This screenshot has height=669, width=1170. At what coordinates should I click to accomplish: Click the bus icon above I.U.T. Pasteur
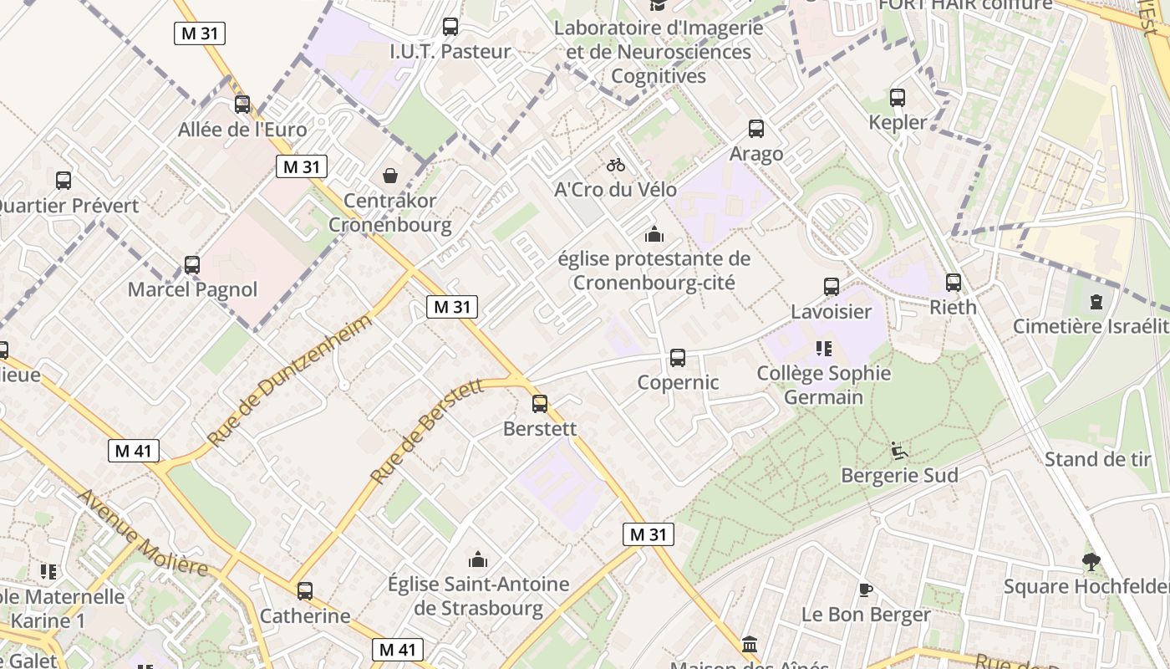pyautogui.click(x=450, y=27)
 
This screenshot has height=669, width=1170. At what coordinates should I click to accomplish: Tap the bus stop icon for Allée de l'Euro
pyautogui.click(x=242, y=105)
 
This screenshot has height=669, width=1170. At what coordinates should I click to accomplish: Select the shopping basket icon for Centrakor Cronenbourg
pyautogui.click(x=390, y=176)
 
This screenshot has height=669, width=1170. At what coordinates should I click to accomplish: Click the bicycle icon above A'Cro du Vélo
pyautogui.click(x=616, y=165)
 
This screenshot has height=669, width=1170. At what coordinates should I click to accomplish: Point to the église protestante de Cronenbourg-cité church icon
pyautogui.click(x=654, y=234)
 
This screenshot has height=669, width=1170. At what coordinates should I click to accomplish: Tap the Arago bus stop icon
pyautogui.click(x=756, y=129)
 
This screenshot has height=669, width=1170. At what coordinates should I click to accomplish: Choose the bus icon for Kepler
pyautogui.click(x=898, y=98)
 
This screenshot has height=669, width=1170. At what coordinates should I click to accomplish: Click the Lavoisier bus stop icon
pyautogui.click(x=832, y=287)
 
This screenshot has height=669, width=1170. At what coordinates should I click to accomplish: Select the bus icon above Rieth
pyautogui.click(x=954, y=283)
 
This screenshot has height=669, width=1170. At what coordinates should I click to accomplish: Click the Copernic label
pyautogui.click(x=678, y=382)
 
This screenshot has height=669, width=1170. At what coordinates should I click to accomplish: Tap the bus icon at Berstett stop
pyautogui.click(x=540, y=404)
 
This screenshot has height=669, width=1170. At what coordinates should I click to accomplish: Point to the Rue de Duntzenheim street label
pyautogui.click(x=289, y=380)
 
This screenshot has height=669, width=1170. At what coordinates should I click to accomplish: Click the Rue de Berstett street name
pyautogui.click(x=427, y=432)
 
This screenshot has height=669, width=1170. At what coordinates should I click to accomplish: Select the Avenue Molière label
pyautogui.click(x=143, y=533)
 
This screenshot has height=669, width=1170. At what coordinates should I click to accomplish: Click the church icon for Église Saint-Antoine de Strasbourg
pyautogui.click(x=478, y=559)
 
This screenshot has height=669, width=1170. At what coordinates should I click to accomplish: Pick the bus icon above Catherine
pyautogui.click(x=305, y=591)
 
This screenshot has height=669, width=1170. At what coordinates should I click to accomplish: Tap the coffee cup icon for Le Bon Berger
pyautogui.click(x=866, y=590)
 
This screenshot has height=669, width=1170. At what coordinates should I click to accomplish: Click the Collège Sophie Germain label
pyautogui.click(x=824, y=385)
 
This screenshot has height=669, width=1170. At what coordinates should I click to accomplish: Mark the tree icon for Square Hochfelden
pyautogui.click(x=1091, y=561)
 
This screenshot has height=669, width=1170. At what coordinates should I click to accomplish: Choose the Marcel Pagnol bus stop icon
pyautogui.click(x=192, y=265)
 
